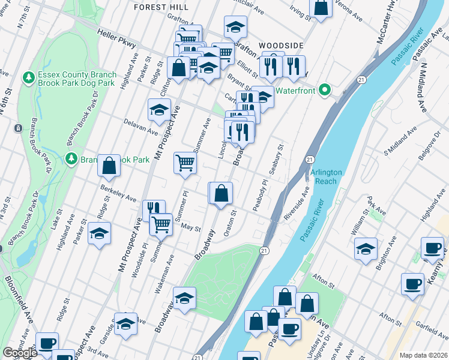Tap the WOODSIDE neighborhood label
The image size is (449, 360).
281,46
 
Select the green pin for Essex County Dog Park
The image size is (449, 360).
28,77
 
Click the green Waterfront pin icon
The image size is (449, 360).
325,90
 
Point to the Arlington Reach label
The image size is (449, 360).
326,176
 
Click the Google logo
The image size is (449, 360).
20,353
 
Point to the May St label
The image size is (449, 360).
190,227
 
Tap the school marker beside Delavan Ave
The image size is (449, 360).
159,109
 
